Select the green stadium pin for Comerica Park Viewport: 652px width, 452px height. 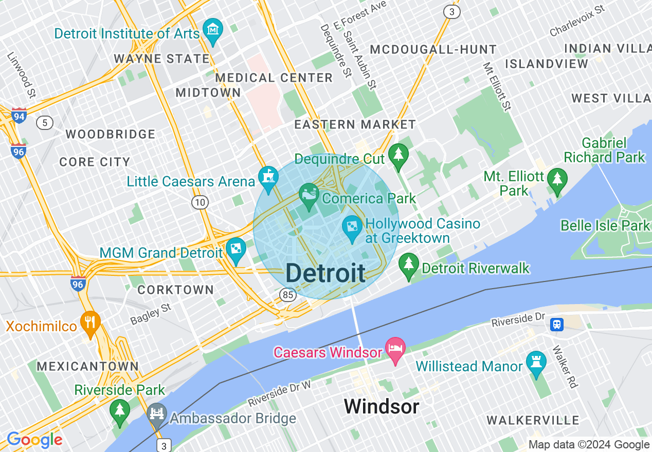309,196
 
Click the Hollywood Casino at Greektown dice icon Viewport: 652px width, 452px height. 352,227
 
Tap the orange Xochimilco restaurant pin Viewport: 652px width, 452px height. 90,323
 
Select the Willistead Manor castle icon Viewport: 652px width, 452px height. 536,363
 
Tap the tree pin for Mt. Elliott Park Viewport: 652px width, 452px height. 557,180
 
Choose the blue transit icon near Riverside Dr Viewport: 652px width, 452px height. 556,325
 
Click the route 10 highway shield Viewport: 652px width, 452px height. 200,202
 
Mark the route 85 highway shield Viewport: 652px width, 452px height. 287,295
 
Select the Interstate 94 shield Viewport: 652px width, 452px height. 19,116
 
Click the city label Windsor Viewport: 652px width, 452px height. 382,407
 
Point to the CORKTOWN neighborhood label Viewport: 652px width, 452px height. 175,290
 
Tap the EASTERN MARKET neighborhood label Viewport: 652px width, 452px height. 355,125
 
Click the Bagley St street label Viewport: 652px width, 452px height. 151,314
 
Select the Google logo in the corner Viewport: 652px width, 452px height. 34,440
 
